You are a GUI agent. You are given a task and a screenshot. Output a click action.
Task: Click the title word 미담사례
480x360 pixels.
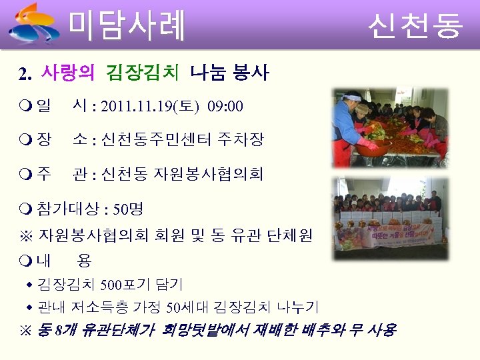(127, 25)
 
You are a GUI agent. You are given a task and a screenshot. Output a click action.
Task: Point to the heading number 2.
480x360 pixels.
(25, 73)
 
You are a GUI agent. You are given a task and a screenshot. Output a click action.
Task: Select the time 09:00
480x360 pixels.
(225, 107)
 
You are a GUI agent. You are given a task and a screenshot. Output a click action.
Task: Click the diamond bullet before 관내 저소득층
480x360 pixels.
(29, 307)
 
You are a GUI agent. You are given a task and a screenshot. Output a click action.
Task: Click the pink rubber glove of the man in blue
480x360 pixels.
(369, 143)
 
